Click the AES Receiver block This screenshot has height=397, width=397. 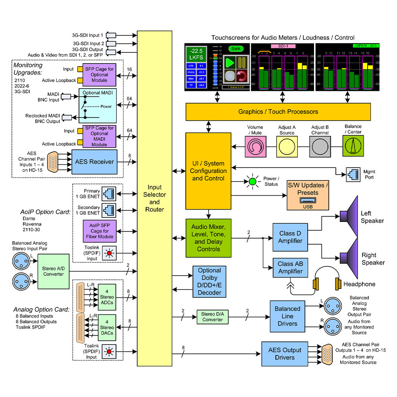[x=94, y=162]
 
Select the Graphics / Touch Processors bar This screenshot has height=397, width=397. [x=278, y=112]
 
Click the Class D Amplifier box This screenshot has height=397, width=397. [x=290, y=237]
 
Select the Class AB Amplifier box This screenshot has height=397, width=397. [x=290, y=268]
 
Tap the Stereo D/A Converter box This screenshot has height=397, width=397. [x=212, y=316]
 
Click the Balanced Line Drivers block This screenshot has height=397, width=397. [x=287, y=316]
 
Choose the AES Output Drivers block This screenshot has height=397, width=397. [x=285, y=354]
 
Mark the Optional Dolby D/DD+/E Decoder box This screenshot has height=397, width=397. [x=209, y=281]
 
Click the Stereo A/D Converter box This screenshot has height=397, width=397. [x=53, y=272]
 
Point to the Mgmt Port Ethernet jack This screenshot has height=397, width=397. [x=351, y=174]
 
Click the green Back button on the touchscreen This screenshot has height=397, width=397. [x=236, y=49]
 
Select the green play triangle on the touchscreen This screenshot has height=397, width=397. [x=229, y=62]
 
